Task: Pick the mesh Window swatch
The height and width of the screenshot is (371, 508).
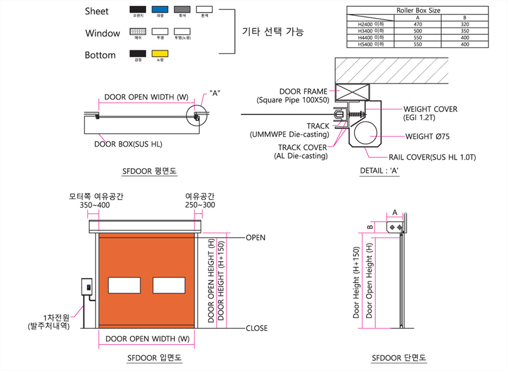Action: pos(137,31)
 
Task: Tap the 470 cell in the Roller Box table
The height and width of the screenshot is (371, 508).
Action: pos(417,24)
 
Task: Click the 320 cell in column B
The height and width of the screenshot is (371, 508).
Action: pos(465,24)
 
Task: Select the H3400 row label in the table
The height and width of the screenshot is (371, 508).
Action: pos(370,31)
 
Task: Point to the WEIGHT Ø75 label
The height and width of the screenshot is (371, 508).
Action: pos(428,136)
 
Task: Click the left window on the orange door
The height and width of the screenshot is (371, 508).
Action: pos(124,285)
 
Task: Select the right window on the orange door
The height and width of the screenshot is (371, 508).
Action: pos(169,285)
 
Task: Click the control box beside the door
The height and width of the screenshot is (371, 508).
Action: pos(88,287)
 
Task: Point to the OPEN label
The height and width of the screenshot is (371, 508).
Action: pos(255,238)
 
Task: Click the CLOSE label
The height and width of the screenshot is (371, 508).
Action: pos(257,328)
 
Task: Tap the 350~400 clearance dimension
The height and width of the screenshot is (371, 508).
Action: pos(94,205)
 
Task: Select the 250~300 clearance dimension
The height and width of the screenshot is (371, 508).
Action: pos(200,205)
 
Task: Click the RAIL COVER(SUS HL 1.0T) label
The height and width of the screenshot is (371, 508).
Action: pos(432,158)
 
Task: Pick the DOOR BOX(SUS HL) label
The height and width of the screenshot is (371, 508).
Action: pos(128,144)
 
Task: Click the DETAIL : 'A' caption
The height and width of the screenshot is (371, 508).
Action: pos(380,171)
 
